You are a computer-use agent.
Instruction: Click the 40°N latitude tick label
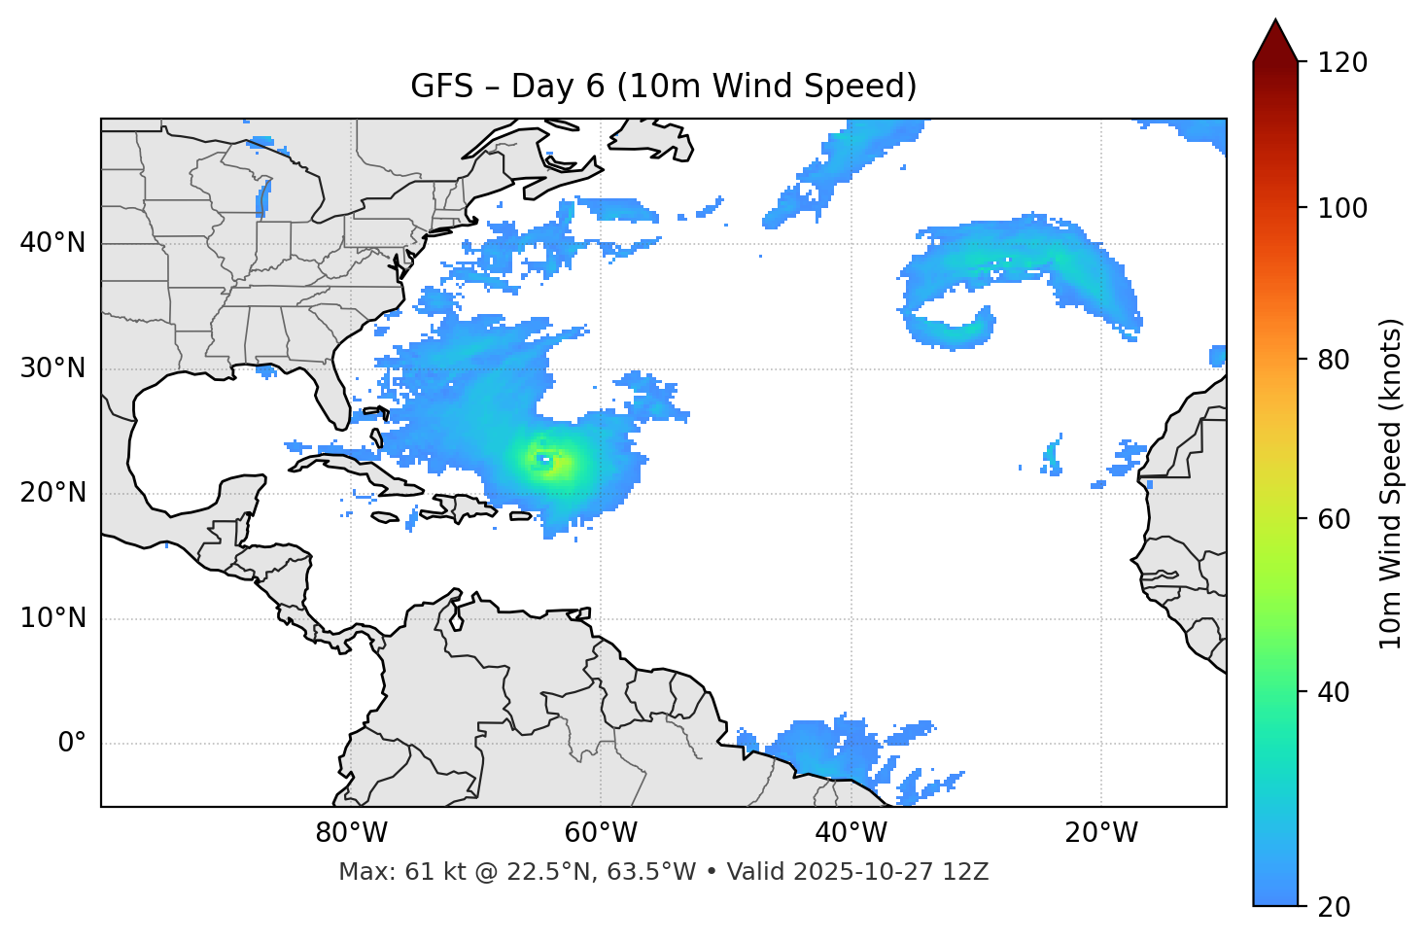[52, 243]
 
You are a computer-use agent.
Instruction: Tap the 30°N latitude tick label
[52, 368]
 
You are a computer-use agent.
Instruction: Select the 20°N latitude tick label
[52, 493]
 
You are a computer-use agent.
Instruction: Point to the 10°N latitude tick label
[52, 618]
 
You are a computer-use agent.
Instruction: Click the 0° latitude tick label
[72, 743]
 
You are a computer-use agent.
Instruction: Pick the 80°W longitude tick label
[351, 833]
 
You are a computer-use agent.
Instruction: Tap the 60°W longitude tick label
[601, 833]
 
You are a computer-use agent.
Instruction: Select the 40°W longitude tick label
[851, 833]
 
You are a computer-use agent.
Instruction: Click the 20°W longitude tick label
[1101, 833]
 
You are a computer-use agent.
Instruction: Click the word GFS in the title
[441, 87]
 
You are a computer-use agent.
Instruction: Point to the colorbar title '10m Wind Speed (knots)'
[1391, 483]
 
